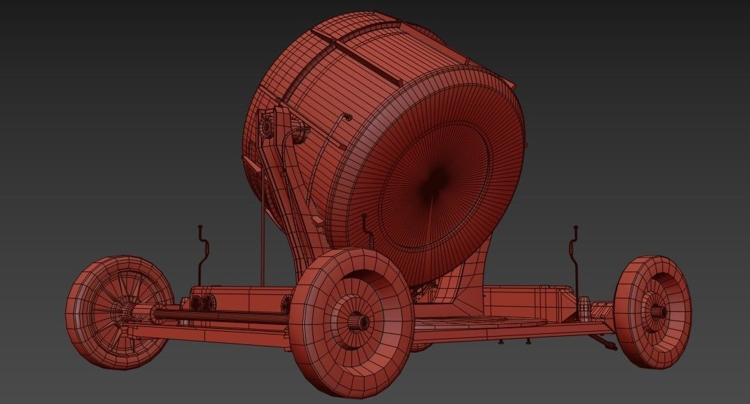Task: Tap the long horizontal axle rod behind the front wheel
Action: tap(222, 318)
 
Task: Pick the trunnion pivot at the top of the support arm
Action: tap(266, 127)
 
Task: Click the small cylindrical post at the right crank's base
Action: tap(583, 305)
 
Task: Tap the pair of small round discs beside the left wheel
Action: tap(203, 303)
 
